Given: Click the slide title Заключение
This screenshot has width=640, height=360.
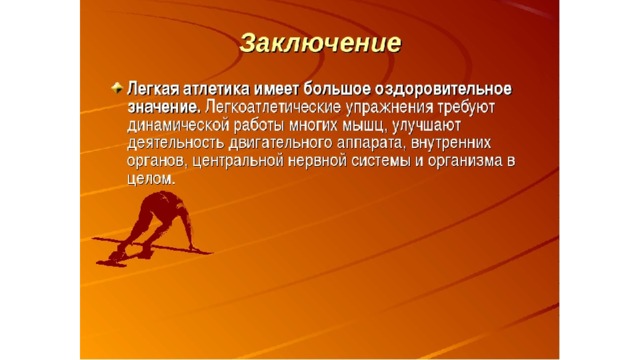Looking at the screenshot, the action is pyautogui.click(x=320, y=43).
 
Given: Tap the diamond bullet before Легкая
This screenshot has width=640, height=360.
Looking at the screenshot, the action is pyautogui.click(x=117, y=88).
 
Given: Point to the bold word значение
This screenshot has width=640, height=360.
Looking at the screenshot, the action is pyautogui.click(x=164, y=108).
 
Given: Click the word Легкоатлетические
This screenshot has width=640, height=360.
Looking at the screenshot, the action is pyautogui.click(x=273, y=107).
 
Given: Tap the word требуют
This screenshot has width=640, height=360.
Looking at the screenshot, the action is pyautogui.click(x=466, y=108).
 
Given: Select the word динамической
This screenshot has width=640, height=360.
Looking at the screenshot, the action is pyautogui.click(x=178, y=126).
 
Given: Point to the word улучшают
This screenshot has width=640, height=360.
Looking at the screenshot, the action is pyautogui.click(x=426, y=126).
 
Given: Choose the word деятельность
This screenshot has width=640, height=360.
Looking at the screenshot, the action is pyautogui.click(x=176, y=144).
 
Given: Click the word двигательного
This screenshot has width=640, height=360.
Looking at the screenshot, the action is pyautogui.click(x=280, y=144).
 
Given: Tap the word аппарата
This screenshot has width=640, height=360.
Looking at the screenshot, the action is pyautogui.click(x=372, y=144).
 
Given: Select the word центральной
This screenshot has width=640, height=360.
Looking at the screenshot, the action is pyautogui.click(x=238, y=162).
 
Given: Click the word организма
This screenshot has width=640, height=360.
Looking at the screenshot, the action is pyautogui.click(x=464, y=162).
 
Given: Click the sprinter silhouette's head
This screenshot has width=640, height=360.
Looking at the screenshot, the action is pyautogui.click(x=176, y=201).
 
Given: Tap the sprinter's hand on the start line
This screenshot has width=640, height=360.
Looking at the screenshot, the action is pyautogui.click(x=193, y=247).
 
